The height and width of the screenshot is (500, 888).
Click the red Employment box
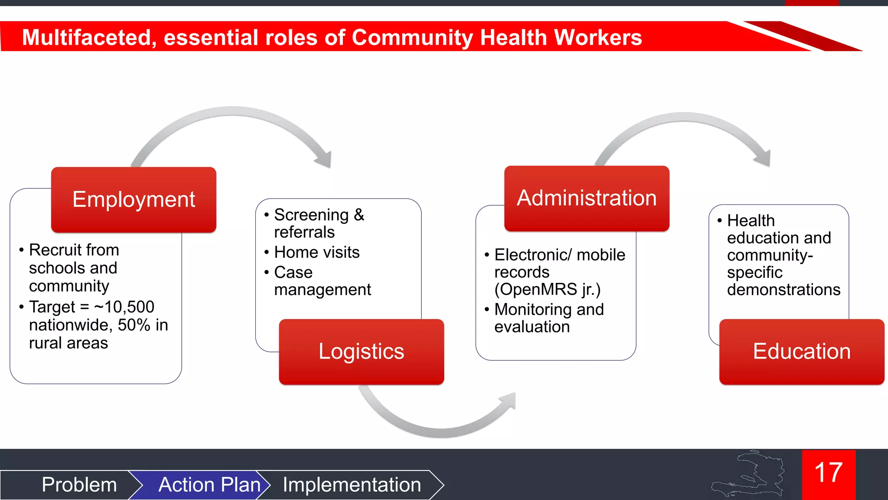pyautogui.click(x=134, y=200)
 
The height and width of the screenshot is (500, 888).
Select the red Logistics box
pyautogui.click(x=361, y=352)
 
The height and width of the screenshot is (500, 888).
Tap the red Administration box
pyautogui.click(x=587, y=198)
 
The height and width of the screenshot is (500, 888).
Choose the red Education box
pyautogui.click(x=802, y=352)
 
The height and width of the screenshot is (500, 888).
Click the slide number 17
pyautogui.click(x=829, y=473)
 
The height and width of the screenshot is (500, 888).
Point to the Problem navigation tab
pyautogui.click(x=79, y=485)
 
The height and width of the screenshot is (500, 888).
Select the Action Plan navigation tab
pyautogui.click(x=209, y=485)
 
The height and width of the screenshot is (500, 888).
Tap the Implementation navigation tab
pyautogui.click(x=352, y=485)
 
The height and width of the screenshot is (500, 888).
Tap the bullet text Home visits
pyautogui.click(x=317, y=252)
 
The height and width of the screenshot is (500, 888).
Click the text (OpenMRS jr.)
pyautogui.click(x=547, y=289)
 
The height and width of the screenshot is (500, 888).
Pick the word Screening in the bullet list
pyautogui.click(x=311, y=215)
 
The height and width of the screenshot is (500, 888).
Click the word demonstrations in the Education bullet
pyautogui.click(x=784, y=289)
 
